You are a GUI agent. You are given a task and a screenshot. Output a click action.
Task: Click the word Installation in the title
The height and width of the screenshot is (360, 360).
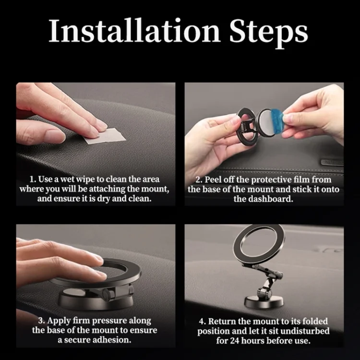click(x=134, y=31)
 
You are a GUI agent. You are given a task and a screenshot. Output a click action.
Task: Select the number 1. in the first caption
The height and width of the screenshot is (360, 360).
click(x=33, y=180)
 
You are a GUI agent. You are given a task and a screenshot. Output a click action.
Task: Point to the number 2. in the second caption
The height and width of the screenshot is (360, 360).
click(x=199, y=180)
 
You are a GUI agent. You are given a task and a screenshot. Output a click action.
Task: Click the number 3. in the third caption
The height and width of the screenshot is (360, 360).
click(x=41, y=321)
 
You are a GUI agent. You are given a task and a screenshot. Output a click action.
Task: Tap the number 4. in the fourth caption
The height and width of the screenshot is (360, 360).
click(x=202, y=322)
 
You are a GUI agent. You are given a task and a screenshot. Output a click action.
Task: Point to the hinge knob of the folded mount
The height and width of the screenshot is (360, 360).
click(x=107, y=294)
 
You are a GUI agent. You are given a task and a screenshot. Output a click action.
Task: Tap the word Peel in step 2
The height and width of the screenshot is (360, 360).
click(x=213, y=180)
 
